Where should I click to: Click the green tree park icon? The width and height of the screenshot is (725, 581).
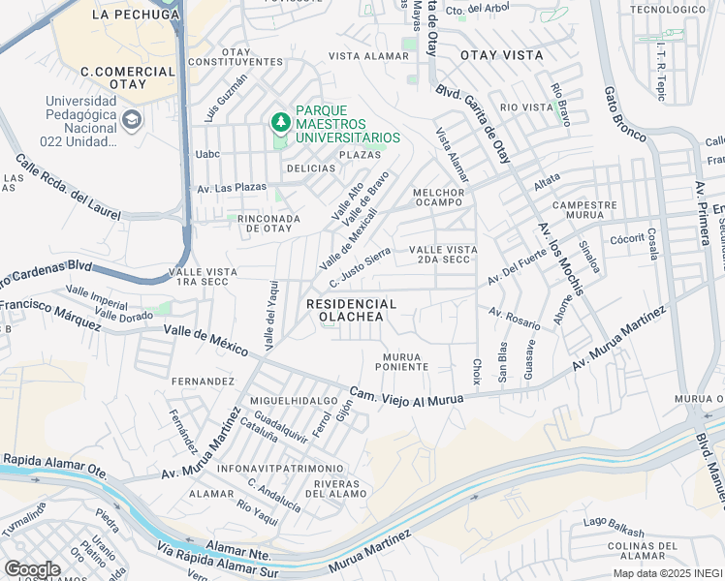tap(280, 122)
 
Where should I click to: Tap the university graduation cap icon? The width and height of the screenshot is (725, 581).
tap(133, 121)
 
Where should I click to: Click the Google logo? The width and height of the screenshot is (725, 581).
tap(32, 568)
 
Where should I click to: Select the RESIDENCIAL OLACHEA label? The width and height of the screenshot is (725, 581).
tap(352, 310)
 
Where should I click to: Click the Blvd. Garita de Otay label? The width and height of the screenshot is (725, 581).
tap(472, 125)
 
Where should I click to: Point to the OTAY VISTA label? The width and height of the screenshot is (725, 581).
tap(502, 55)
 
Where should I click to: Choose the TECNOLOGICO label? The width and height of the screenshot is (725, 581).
tap(669, 9)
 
